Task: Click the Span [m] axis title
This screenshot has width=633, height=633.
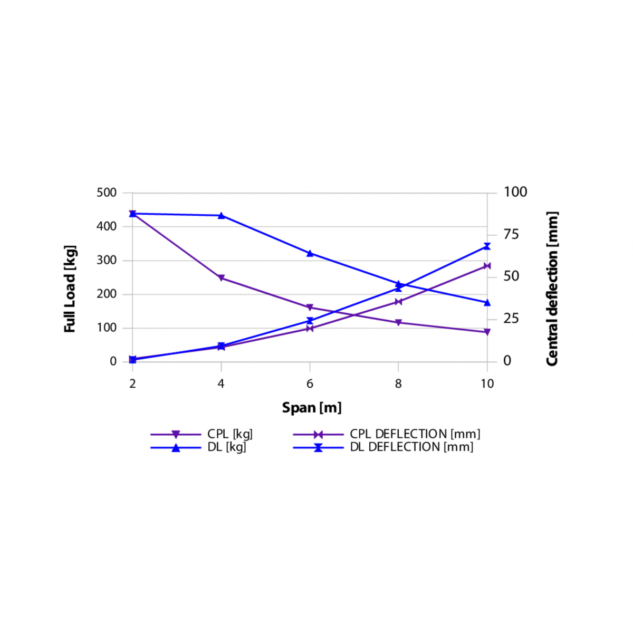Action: (312, 408)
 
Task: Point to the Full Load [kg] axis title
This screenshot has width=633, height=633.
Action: (70, 289)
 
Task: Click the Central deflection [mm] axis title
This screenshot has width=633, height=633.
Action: (552, 289)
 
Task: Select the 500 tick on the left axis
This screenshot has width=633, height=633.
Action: (107, 193)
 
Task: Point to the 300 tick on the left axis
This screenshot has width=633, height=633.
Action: (107, 260)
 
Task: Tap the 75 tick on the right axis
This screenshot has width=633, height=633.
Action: (511, 234)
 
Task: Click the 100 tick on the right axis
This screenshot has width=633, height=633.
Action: (515, 192)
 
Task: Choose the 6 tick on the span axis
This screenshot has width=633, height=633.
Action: (310, 384)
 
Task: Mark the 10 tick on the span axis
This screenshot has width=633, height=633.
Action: (487, 384)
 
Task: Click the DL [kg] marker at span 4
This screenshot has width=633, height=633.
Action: (221, 215)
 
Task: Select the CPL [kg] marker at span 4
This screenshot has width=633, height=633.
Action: (221, 278)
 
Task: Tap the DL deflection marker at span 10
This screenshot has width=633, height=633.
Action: (487, 246)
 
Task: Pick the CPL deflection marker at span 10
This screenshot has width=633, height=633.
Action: (487, 266)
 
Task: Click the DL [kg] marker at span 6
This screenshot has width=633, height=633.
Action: (310, 253)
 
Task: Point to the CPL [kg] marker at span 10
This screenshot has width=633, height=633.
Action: (487, 332)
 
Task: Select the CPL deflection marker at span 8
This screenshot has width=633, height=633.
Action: (398, 302)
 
